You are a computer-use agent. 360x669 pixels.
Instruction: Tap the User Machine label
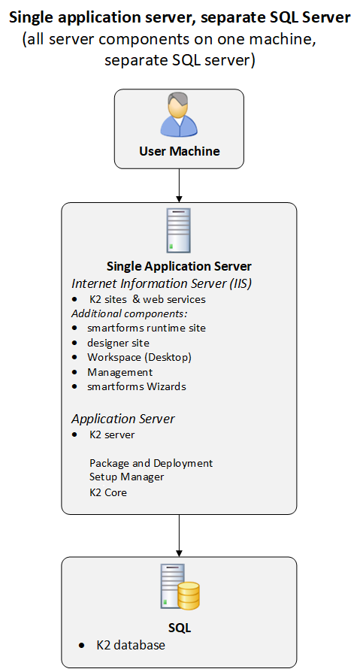click(180, 151)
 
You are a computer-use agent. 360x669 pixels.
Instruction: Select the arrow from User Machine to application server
click(179, 186)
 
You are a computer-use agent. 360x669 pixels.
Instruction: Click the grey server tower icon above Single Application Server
click(179, 231)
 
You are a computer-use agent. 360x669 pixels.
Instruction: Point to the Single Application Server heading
click(179, 266)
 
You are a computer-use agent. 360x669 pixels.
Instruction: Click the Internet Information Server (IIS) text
click(162, 283)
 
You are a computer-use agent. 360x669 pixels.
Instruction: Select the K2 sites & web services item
click(147, 299)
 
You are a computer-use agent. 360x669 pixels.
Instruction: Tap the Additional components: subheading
click(130, 314)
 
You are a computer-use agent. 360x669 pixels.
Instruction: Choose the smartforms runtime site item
click(147, 328)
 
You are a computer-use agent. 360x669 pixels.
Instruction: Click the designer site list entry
click(118, 343)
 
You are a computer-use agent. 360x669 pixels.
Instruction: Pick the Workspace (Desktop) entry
click(139, 357)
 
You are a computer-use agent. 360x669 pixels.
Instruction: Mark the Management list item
click(119, 373)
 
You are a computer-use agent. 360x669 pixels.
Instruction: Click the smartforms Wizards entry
click(137, 386)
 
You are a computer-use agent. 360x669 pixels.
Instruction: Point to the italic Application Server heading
click(123, 419)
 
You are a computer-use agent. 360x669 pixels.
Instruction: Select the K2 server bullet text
click(112, 434)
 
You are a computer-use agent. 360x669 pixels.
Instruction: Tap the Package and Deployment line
click(151, 463)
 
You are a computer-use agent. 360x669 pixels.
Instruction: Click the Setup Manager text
click(127, 477)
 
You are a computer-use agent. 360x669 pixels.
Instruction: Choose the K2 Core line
click(108, 492)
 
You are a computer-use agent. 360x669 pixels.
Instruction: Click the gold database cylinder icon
click(188, 596)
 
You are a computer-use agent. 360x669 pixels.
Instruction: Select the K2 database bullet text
click(131, 645)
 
